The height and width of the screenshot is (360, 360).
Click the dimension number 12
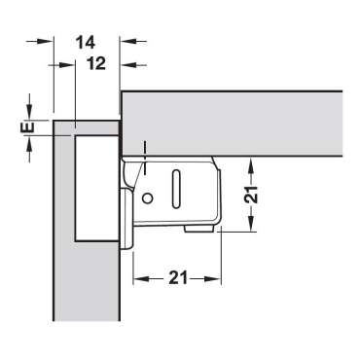[95, 63]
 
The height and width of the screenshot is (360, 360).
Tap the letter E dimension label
[29, 126]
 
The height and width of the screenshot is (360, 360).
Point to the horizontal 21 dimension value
[177, 277]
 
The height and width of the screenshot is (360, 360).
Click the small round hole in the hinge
[147, 198]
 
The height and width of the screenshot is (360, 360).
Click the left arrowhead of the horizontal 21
[138, 277]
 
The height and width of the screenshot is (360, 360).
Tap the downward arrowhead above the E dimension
[29, 115]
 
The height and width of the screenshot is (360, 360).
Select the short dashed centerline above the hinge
[142, 152]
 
